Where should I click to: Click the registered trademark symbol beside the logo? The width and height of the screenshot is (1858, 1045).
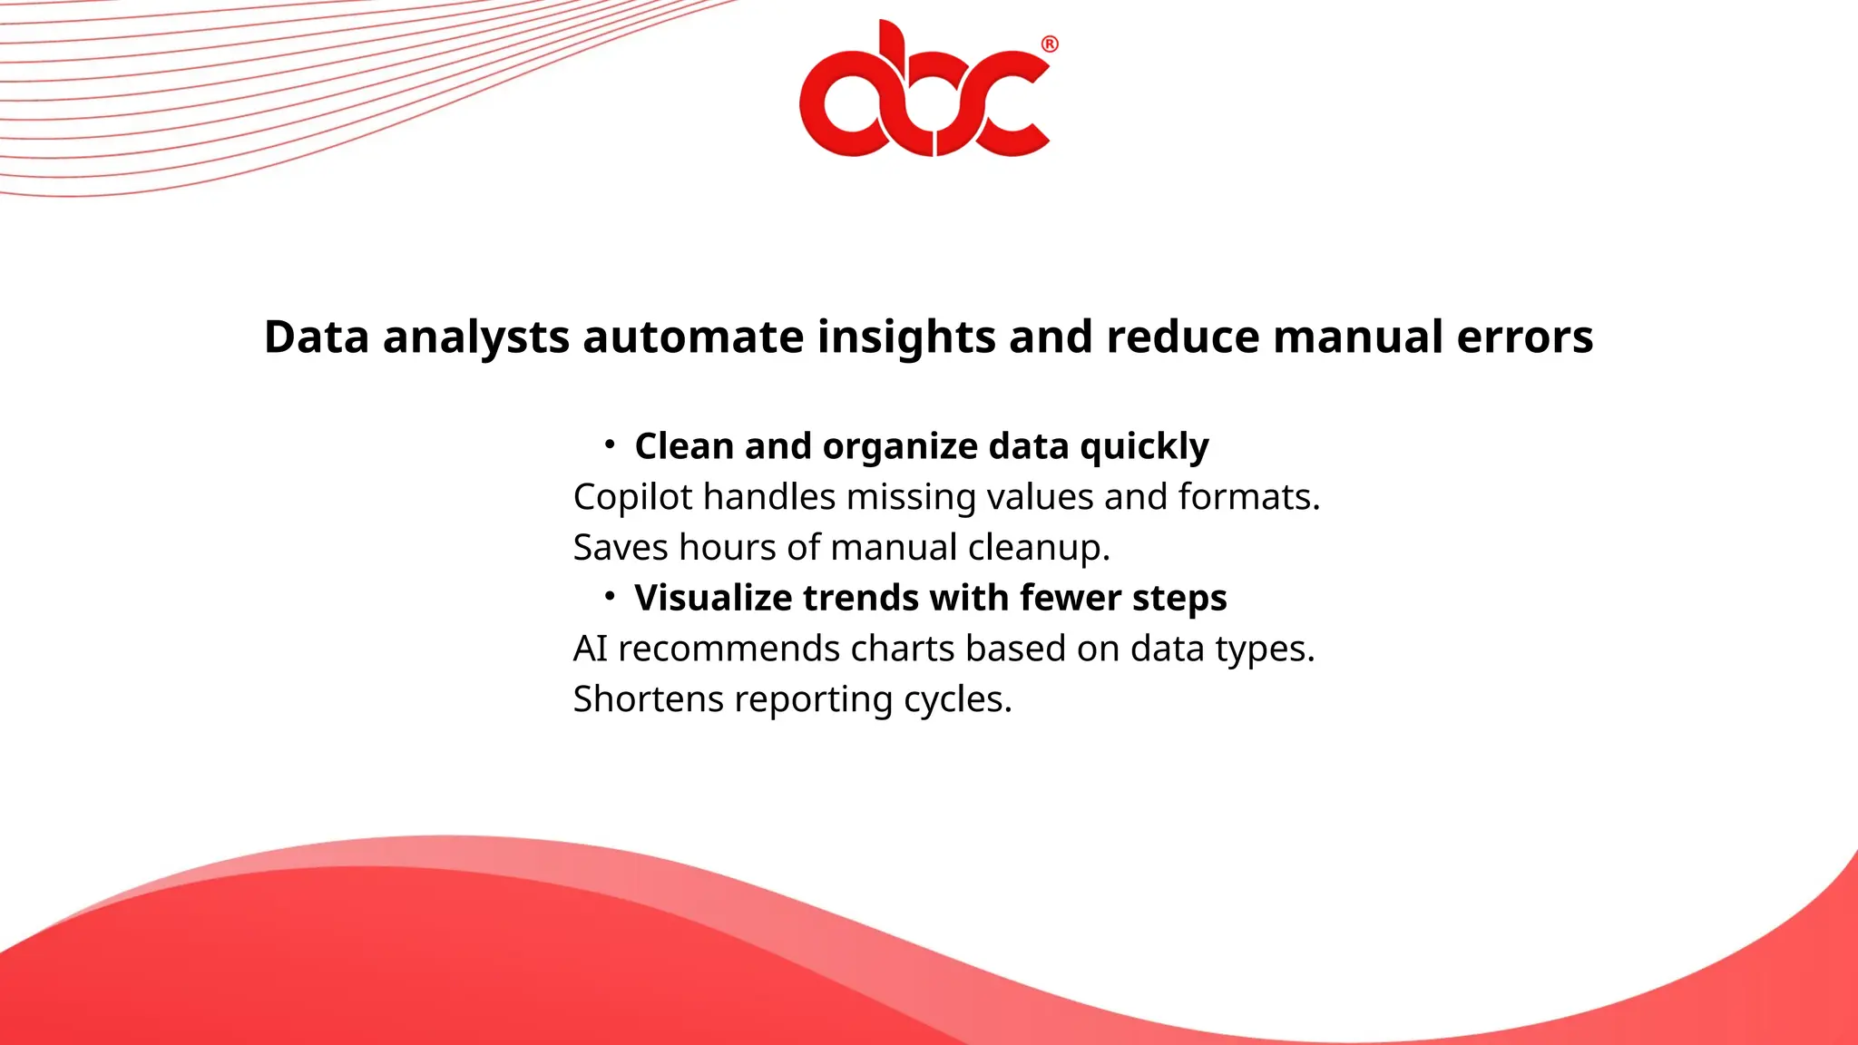(x=1049, y=44)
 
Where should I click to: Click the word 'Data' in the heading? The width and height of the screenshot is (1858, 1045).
(x=317, y=337)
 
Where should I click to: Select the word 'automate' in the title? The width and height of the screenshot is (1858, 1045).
(x=693, y=337)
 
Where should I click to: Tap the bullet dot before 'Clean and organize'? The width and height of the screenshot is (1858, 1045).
(x=610, y=444)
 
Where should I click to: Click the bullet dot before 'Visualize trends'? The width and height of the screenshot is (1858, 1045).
(x=610, y=596)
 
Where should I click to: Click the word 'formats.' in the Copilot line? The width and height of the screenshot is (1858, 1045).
(x=1248, y=497)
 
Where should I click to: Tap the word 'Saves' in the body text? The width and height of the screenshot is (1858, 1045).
(x=621, y=548)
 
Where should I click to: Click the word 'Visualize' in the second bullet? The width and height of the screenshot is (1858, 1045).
(x=712, y=599)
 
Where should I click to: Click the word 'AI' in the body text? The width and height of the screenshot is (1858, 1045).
(x=590, y=649)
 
